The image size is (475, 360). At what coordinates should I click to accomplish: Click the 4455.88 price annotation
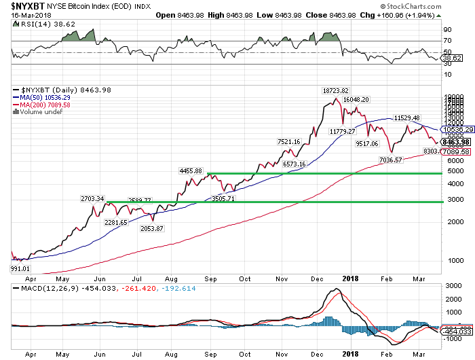tap(190, 170)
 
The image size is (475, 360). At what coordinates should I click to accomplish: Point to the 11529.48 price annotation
tap(407, 118)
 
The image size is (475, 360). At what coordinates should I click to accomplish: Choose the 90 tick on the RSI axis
tap(448, 30)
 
